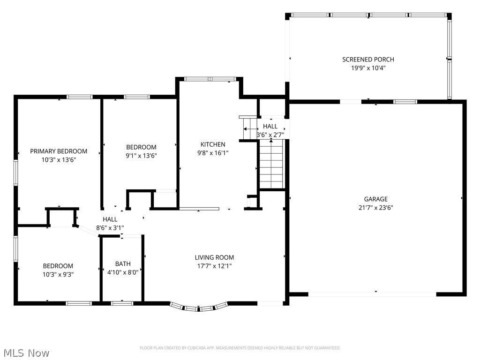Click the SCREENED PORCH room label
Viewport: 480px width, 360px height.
368,60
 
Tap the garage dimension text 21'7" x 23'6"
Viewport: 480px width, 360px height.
375,207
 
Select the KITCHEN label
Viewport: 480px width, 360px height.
213,144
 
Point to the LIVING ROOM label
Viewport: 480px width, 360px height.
214,257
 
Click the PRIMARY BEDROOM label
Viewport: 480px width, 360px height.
59,151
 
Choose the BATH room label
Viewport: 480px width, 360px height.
123,263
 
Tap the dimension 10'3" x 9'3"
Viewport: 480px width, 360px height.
58,274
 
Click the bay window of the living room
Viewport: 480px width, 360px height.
199,307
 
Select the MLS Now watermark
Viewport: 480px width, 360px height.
26,352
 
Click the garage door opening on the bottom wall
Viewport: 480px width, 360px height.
372,294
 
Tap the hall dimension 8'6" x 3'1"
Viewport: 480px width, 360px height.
110,228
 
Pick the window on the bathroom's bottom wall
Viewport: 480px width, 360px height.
122,303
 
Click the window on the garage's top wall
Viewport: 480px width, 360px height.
405,101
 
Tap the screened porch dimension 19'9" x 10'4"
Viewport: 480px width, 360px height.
368,68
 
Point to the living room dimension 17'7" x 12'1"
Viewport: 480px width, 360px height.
214,266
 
